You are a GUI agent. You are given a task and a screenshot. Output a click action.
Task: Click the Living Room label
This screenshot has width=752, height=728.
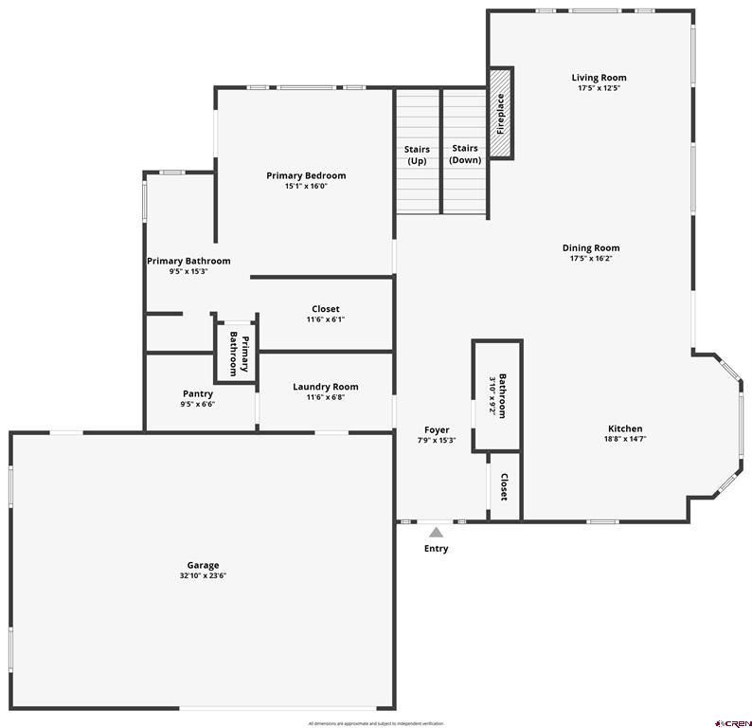(599, 78)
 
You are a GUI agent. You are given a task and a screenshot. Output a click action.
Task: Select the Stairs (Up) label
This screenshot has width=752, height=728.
(417, 155)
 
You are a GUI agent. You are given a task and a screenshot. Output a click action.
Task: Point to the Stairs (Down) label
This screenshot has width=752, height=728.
(464, 154)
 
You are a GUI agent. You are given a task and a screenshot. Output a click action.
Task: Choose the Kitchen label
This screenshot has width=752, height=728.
(625, 428)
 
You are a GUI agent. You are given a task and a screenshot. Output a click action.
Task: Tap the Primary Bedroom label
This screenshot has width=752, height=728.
(306, 175)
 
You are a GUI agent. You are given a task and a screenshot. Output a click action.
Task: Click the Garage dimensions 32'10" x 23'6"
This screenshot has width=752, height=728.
(203, 575)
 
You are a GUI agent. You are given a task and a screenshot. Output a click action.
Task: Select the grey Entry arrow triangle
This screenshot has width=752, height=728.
(436, 533)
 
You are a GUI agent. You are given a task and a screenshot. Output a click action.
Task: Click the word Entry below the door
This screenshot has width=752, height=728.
(436, 549)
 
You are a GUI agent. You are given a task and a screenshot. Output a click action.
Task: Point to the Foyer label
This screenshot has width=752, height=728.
(437, 429)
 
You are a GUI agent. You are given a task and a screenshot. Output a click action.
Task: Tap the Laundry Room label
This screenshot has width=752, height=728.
(325, 386)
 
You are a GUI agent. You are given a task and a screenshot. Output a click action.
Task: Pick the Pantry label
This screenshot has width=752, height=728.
(198, 393)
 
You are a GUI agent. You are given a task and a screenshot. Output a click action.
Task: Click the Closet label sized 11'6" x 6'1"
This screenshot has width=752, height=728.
(325, 319)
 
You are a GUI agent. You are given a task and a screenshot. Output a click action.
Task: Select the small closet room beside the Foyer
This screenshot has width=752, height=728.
(505, 486)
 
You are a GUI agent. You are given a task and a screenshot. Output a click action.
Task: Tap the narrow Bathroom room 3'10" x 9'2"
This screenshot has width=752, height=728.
(498, 396)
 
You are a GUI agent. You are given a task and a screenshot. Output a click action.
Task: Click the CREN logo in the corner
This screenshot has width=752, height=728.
(733, 722)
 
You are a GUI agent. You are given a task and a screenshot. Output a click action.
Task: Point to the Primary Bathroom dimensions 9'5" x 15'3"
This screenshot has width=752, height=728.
(188, 271)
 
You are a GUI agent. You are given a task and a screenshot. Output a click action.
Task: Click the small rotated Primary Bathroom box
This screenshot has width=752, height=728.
(234, 351)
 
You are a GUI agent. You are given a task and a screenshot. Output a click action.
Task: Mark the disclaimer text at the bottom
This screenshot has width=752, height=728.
(376, 723)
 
